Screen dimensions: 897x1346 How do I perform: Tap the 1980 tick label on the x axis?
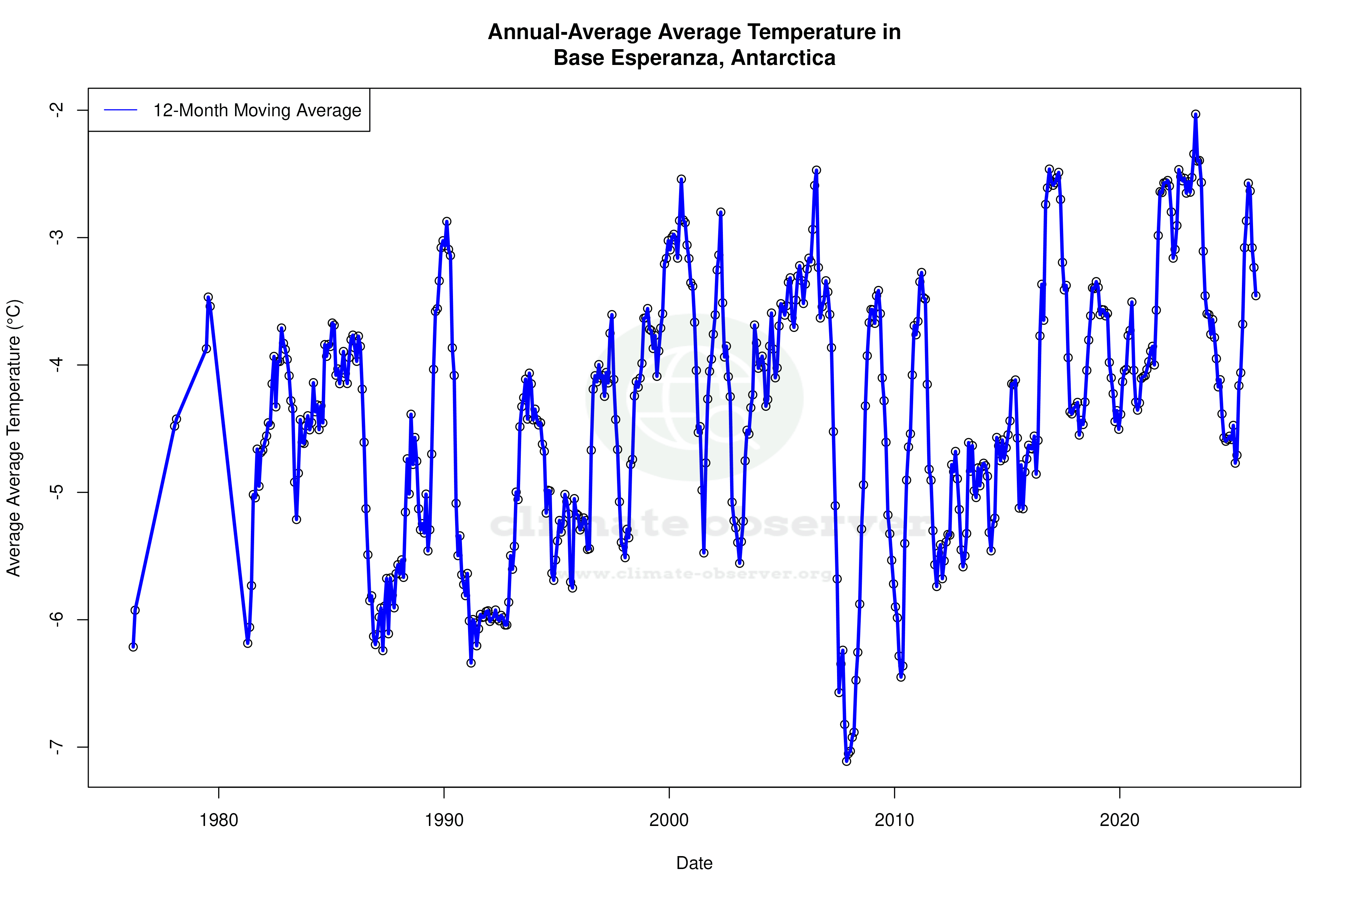click(219, 820)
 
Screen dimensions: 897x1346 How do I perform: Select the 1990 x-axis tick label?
click(444, 820)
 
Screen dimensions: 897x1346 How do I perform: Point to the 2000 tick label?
click(669, 820)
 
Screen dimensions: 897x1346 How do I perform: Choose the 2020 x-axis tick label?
click(1120, 820)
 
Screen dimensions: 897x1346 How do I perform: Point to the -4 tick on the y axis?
click(57, 365)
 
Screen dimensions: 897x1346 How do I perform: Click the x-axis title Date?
click(694, 863)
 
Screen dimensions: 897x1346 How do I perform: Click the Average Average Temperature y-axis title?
click(14, 438)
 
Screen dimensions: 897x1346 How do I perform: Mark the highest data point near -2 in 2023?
click(1196, 114)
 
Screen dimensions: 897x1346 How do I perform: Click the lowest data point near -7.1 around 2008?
click(846, 761)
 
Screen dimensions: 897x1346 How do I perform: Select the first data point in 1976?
click(133, 647)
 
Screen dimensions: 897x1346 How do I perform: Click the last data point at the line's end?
click(1256, 296)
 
